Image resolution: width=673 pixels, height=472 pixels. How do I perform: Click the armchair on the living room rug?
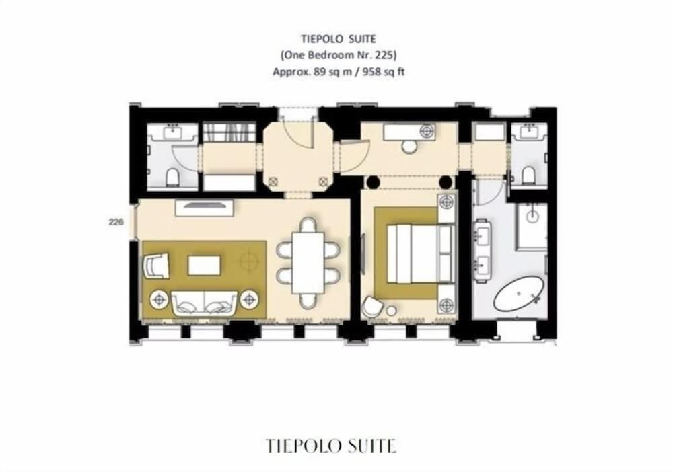(157, 264)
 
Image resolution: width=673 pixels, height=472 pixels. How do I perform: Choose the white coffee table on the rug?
(205, 264)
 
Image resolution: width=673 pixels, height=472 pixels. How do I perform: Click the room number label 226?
(116, 220)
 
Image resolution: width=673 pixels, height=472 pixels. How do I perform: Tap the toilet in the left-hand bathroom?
(172, 177)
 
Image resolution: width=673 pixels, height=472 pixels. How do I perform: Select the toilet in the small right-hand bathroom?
(528, 175)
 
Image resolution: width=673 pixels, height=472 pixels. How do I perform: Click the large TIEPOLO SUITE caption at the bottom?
(331, 445)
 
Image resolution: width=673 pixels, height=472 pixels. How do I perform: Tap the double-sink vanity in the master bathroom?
(483, 252)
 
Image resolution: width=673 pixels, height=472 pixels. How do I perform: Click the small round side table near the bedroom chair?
(391, 311)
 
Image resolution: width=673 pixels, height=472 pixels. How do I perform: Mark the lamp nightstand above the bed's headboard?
(446, 201)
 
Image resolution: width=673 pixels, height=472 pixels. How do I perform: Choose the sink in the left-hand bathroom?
(173, 132)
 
